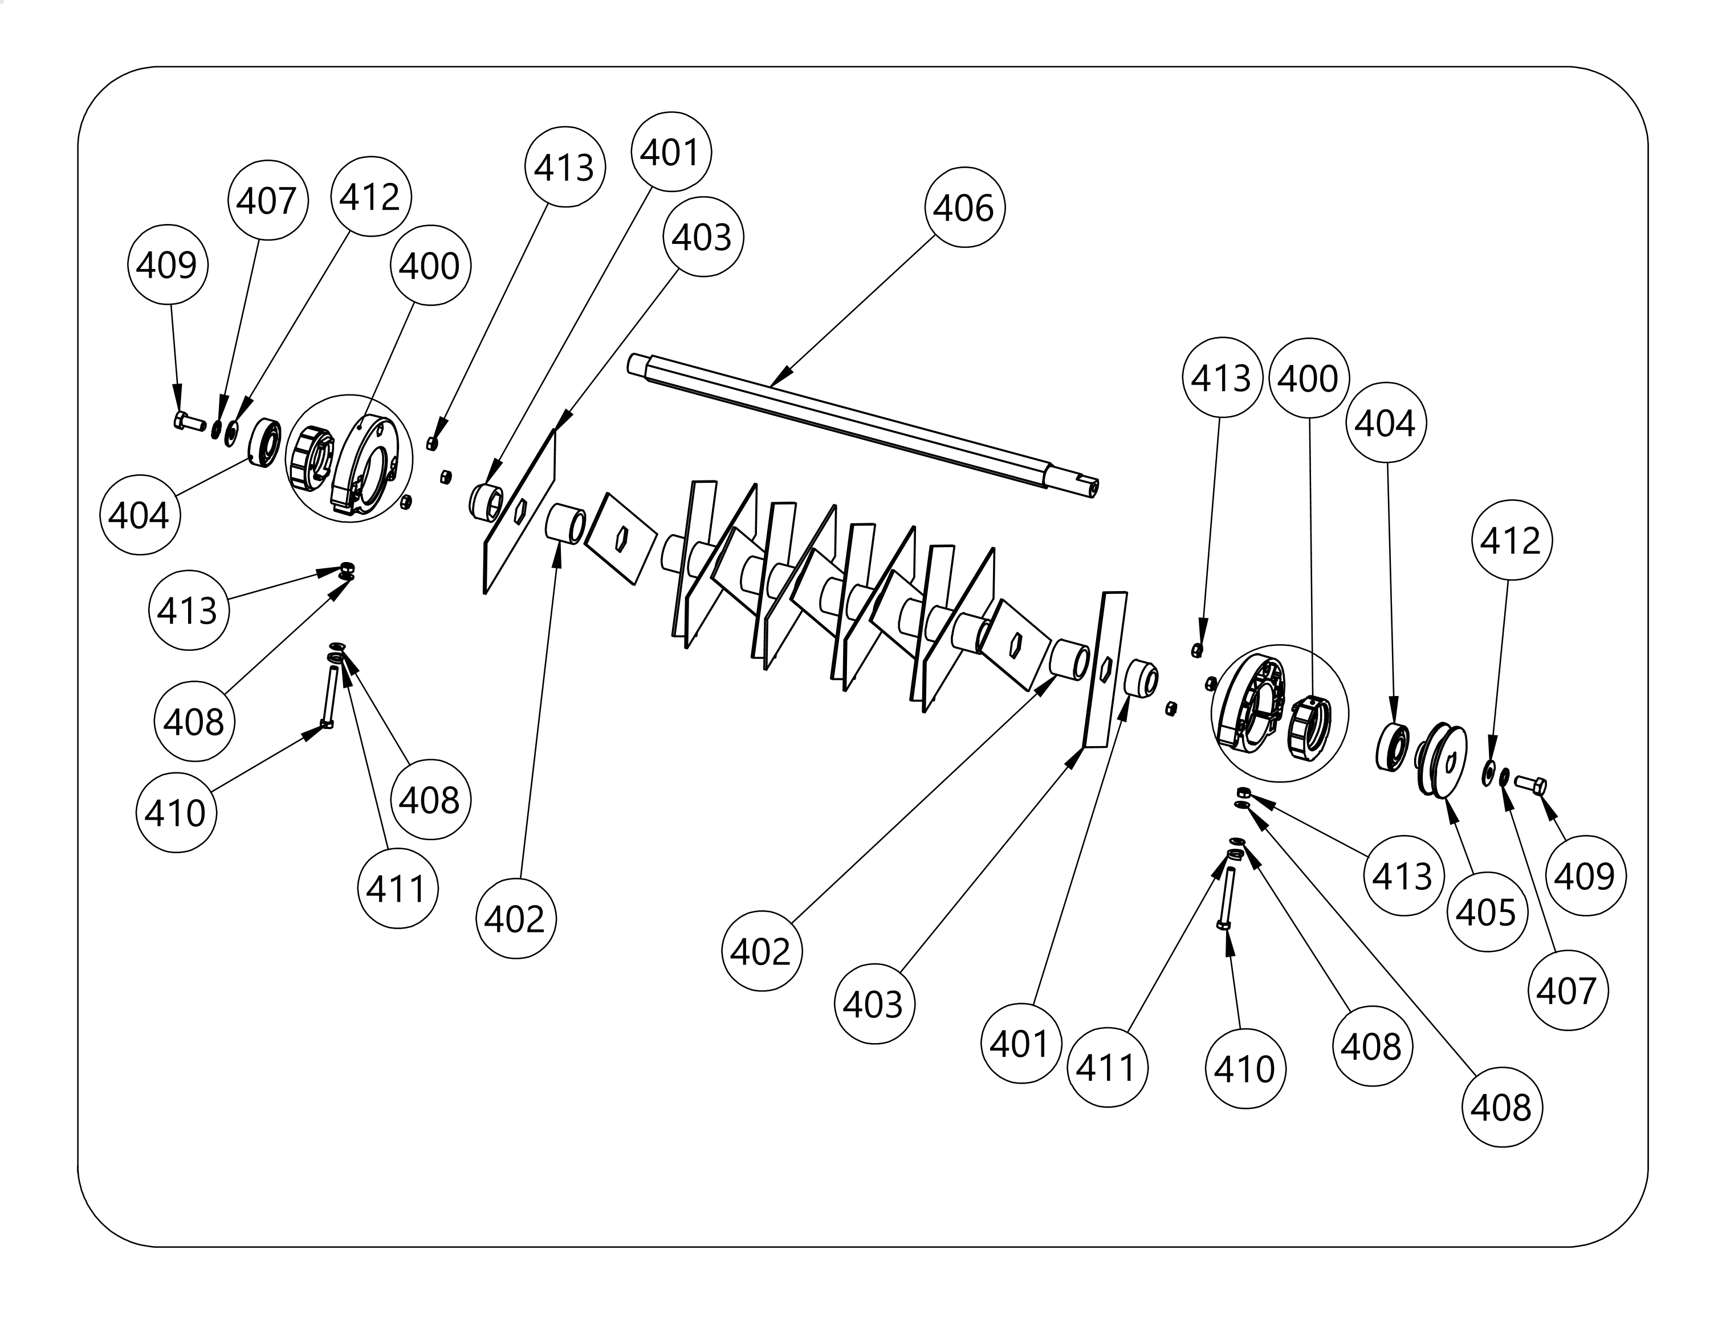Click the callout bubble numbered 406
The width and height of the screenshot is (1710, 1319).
point(964,207)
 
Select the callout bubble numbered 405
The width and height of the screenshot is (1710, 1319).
point(1486,911)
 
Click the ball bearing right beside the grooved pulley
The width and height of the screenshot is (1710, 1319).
point(1393,747)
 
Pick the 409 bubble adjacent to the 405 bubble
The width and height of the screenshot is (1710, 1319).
point(1585,875)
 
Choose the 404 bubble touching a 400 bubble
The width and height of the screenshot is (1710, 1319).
point(1385,423)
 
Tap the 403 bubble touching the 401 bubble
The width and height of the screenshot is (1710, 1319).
point(702,237)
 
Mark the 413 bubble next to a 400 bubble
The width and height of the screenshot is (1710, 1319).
point(1222,378)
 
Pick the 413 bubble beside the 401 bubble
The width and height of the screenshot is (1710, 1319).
point(564,167)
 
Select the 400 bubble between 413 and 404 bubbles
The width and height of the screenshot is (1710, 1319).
point(1308,378)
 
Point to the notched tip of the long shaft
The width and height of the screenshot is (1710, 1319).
point(1084,484)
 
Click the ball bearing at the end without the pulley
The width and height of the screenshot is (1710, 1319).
point(266,443)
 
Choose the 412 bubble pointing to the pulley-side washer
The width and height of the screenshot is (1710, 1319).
point(1511,540)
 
